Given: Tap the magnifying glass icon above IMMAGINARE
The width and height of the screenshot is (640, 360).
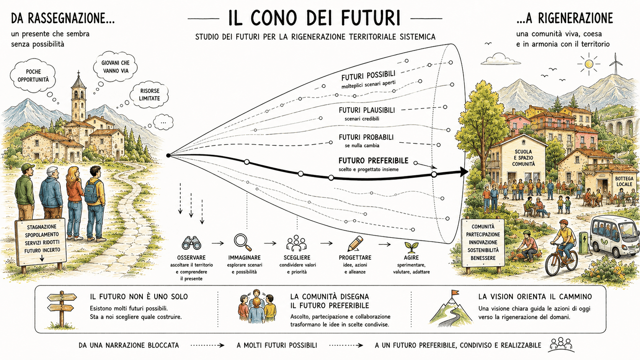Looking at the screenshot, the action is coord(243,243).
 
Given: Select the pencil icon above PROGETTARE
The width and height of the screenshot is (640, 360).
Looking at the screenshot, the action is coord(355,244).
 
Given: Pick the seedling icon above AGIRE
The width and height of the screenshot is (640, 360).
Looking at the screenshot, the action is coord(411,247).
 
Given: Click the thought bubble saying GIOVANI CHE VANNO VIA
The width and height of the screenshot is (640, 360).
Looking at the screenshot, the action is coord(115,67).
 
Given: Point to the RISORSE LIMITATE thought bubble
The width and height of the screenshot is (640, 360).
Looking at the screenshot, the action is coord(149,95).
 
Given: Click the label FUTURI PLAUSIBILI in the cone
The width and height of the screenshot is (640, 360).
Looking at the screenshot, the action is coord(367,110).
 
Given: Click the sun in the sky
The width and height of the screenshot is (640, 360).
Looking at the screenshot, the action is coord(589,64).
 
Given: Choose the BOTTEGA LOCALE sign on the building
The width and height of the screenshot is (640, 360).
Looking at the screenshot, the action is coord(624,182).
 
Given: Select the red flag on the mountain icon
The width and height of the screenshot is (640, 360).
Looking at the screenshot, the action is coord(455,293).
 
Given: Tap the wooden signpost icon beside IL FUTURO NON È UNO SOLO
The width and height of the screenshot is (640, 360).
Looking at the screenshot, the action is coord(62,309).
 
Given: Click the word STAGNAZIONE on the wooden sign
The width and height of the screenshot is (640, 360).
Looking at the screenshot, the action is coord(41,227).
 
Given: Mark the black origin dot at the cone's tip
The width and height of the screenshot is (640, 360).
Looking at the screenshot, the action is coord(168,155).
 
